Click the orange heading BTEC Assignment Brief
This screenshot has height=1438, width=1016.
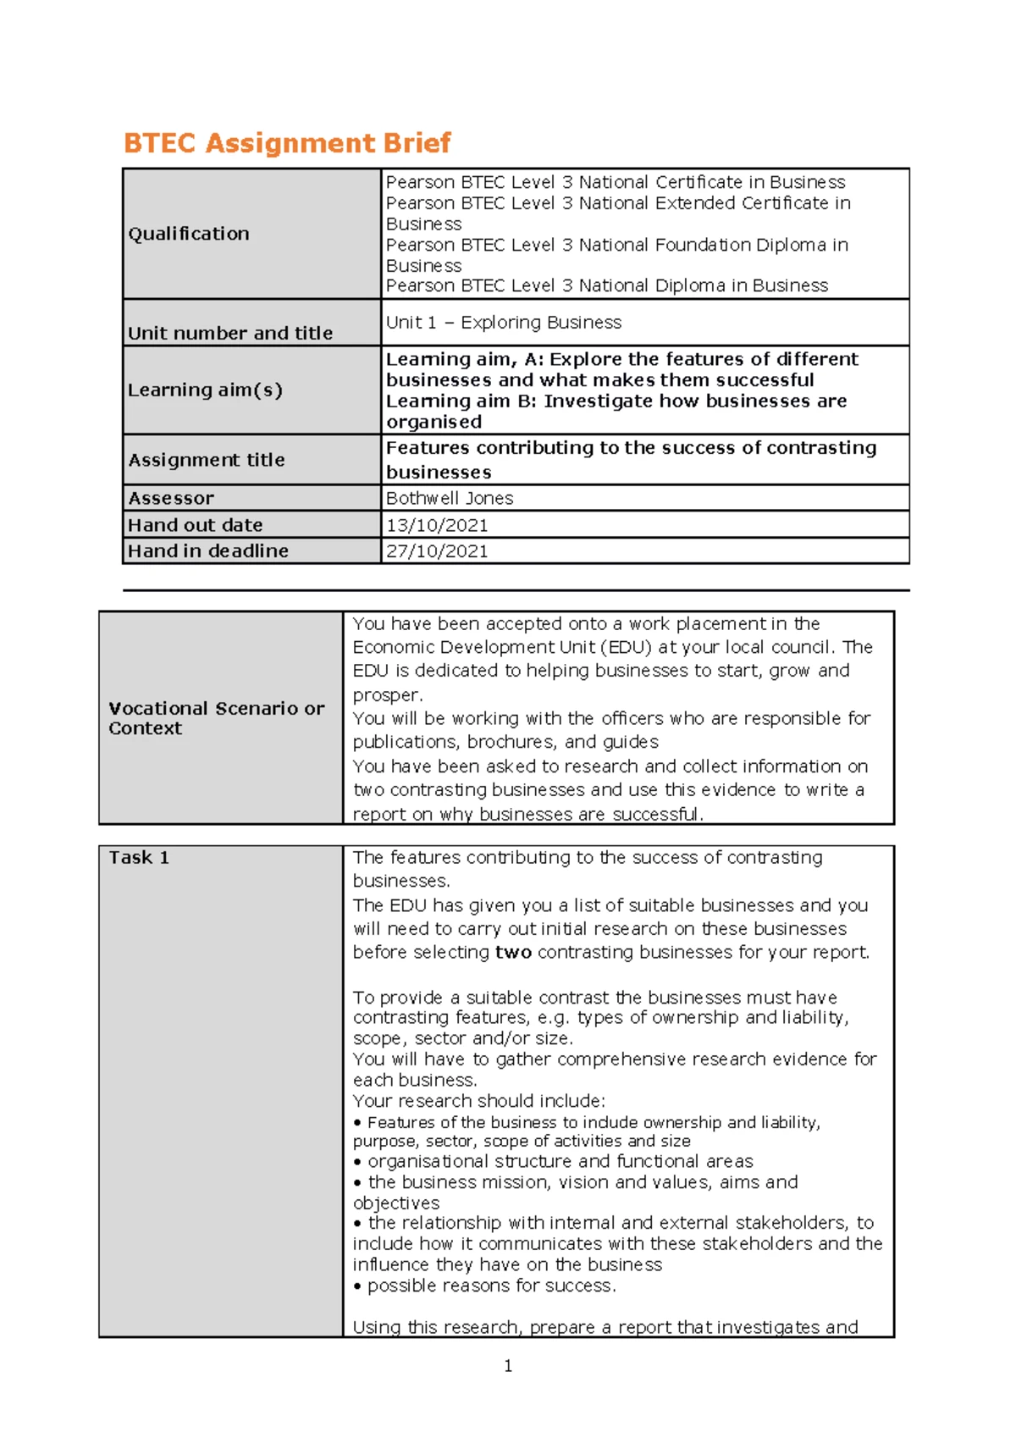287,142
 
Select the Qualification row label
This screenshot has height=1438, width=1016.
189,234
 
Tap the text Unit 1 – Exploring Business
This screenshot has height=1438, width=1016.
503,323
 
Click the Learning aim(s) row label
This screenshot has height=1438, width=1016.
205,390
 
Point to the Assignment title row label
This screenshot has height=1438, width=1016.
206,460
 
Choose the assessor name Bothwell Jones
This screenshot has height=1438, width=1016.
450,498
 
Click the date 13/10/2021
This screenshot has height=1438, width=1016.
437,525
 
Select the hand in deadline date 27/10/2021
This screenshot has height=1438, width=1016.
437,551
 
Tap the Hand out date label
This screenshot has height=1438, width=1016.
195,525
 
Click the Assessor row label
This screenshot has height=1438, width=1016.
171,498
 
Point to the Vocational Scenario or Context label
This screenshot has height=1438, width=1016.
216,718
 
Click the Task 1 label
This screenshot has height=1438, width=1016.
139,858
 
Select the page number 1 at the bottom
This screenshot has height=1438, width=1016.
508,1366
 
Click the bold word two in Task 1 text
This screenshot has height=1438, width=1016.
513,953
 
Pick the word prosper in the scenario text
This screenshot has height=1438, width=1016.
386,695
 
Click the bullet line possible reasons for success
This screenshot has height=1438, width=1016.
487,1286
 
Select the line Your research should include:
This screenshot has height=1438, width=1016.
479,1101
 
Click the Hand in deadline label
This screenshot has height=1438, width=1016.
207,551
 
